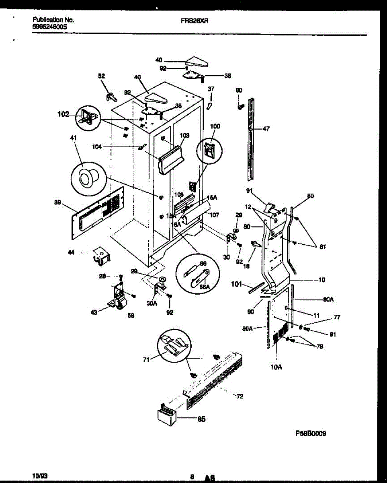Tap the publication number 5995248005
click(49, 27)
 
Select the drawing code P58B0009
click(311, 433)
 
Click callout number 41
click(73, 138)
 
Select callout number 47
click(266, 129)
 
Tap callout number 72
click(240, 397)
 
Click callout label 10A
click(276, 367)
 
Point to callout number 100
click(216, 126)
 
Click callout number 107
click(214, 215)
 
